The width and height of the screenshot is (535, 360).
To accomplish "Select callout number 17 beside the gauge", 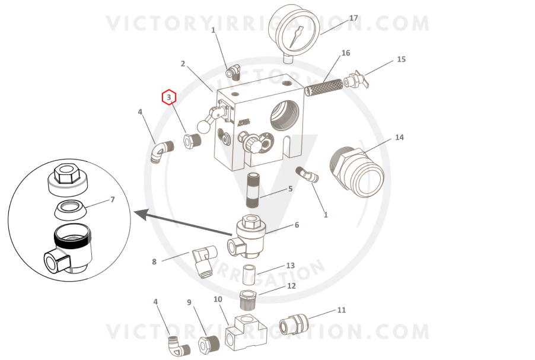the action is [354, 18].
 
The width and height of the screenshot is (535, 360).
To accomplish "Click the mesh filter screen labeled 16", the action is [323, 87].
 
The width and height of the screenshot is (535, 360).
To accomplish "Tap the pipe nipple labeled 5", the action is [253, 190].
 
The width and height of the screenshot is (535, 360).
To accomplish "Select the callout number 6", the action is [297, 225].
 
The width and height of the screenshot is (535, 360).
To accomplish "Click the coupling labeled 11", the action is [294, 324].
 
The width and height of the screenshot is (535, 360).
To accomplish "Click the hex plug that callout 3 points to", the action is [192, 141].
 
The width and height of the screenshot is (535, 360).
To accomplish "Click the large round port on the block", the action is [285, 115].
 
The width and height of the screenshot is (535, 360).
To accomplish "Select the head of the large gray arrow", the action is [142, 214].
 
